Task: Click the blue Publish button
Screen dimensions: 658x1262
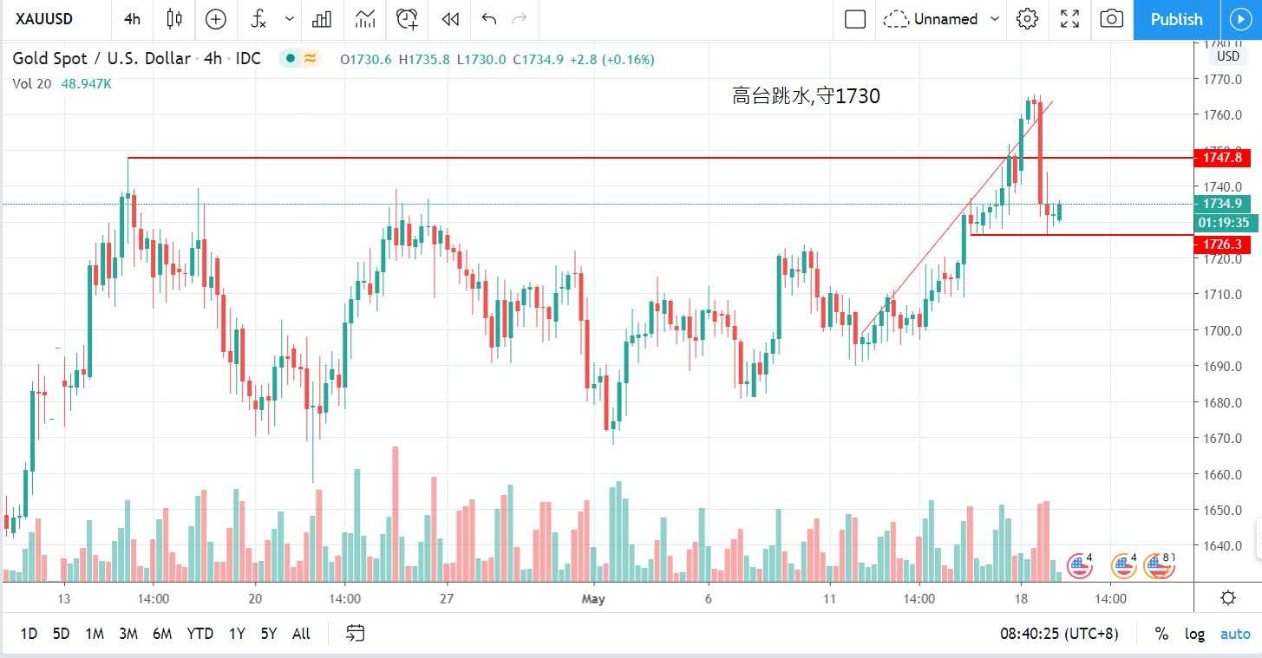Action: click(1176, 19)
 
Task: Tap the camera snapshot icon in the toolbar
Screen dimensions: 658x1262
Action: click(1111, 19)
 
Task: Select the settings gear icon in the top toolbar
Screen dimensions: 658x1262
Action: click(1028, 19)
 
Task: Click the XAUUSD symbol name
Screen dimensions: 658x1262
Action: click(43, 19)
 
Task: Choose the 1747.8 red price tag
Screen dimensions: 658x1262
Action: click(1222, 158)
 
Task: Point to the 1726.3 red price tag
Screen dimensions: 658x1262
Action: click(1222, 245)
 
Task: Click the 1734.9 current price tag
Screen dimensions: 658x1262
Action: click(1222, 204)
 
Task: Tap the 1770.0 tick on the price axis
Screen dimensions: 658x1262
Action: click(1224, 79)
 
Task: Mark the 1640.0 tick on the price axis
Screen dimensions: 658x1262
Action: click(1224, 546)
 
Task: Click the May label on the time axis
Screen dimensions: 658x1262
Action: click(593, 598)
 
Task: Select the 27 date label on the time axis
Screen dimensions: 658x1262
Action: click(447, 598)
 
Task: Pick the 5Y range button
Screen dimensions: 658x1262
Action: click(269, 634)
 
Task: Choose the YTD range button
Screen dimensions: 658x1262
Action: click(199, 634)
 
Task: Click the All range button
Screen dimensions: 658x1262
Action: click(301, 634)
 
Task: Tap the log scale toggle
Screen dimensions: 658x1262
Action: click(1194, 634)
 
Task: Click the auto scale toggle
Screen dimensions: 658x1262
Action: click(1235, 634)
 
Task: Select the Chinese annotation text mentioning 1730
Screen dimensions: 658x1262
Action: click(806, 96)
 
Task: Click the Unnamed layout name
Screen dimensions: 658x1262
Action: click(945, 19)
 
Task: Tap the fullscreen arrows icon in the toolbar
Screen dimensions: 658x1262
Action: click(1069, 19)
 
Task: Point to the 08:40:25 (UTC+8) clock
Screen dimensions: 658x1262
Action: click(1058, 634)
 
